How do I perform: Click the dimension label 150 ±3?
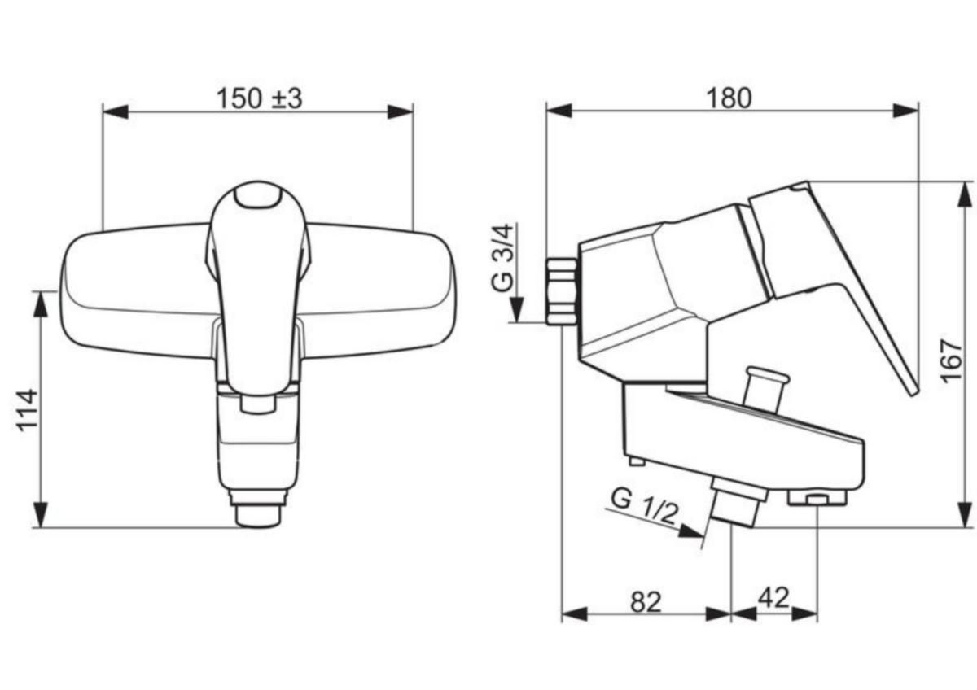point(259,98)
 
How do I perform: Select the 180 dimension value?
point(729,98)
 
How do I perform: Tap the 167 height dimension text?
point(951,361)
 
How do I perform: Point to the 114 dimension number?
point(27,410)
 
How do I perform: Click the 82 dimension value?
point(646,602)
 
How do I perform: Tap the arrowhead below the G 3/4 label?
point(517,309)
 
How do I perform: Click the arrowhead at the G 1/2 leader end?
point(691,531)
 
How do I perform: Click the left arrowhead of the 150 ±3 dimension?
point(116,111)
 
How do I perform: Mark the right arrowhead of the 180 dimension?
point(905,111)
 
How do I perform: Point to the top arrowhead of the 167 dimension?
point(963,194)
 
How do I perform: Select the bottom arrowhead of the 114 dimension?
point(41,514)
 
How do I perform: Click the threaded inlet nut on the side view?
point(562,291)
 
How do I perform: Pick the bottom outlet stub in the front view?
point(258,510)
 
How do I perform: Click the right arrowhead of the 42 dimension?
point(804,614)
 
